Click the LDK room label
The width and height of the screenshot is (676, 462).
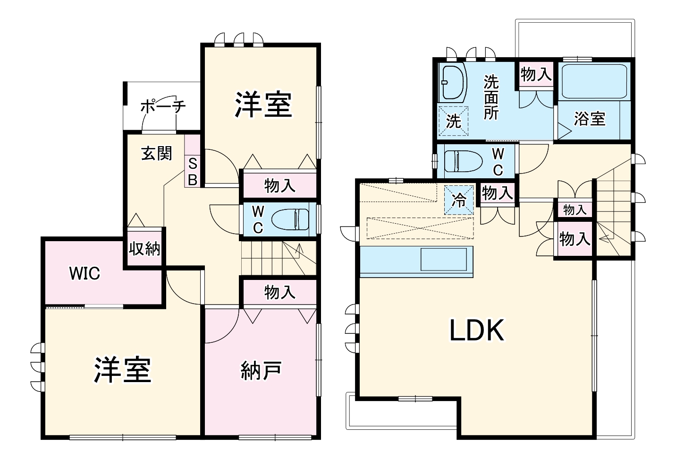(477, 330)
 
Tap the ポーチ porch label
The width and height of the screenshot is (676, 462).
(163, 107)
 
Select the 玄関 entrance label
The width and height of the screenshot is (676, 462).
(157, 153)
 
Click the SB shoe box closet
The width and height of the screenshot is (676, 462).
(193, 161)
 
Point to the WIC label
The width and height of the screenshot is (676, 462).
(84, 273)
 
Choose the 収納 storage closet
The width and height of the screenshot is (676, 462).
(144, 249)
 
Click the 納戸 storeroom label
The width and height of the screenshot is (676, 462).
(261, 370)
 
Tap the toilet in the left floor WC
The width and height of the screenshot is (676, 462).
(290, 219)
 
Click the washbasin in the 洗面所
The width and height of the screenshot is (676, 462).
(452, 83)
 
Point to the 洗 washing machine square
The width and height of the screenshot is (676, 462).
(453, 121)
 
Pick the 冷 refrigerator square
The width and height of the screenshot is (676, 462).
(459, 200)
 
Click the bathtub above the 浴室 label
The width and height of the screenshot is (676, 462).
(594, 81)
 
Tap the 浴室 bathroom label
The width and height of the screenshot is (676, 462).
(590, 119)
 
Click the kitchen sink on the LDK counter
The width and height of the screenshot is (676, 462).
(443, 259)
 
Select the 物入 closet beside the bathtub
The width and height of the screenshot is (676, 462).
(536, 74)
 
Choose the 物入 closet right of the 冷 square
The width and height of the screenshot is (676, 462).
(498, 193)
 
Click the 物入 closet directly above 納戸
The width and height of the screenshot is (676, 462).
(280, 292)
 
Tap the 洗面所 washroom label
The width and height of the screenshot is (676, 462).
(491, 97)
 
